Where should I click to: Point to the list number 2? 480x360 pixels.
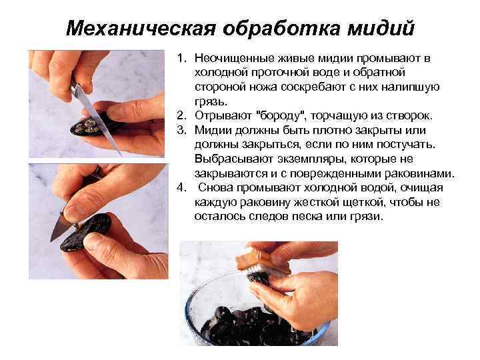point(181,115)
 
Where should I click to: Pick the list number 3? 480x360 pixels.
point(181,129)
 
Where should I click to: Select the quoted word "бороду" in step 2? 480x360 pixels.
point(275,115)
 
